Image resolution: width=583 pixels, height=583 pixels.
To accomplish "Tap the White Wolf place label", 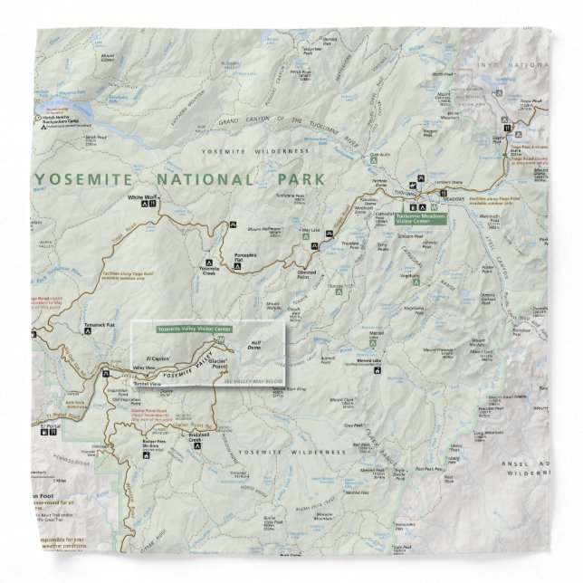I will coord(142,197).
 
